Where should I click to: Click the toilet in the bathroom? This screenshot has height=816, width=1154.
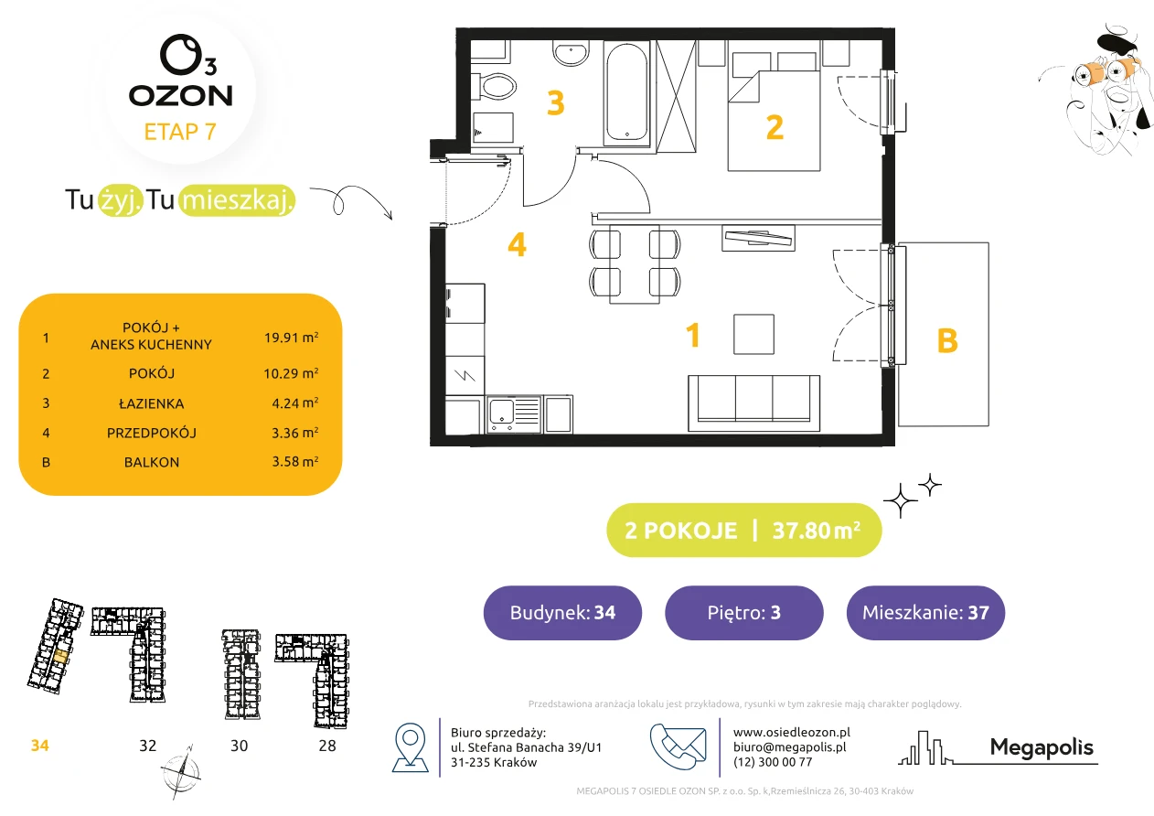495,86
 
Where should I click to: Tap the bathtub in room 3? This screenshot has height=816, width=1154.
626,92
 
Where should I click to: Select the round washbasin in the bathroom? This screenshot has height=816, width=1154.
571,53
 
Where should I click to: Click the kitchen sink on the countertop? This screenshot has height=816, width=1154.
514,414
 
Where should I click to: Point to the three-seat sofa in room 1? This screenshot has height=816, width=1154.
753,403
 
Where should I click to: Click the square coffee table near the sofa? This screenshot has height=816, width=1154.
753,334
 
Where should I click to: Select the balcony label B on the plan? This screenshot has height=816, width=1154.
947,340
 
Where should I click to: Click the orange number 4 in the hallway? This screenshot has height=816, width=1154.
517,244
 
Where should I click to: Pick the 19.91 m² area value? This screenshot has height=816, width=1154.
291,338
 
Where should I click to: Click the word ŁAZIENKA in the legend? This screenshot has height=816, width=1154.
152,403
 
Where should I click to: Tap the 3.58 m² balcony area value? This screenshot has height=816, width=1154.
294,461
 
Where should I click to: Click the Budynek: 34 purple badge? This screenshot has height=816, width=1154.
562,612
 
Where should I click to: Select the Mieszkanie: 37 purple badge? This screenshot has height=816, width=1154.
925,612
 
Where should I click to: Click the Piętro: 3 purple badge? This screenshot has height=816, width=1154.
744,612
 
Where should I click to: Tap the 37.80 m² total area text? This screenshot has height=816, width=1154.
816,530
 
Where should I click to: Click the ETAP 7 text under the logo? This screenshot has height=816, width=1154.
180,132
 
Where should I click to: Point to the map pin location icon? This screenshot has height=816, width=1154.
410,746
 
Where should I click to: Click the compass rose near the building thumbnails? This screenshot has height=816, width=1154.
180,772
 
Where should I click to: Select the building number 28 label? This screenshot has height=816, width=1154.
327,746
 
